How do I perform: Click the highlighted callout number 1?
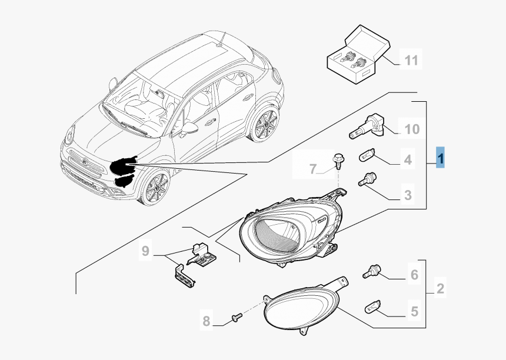(x=441, y=158)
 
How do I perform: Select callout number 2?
(x=440, y=289)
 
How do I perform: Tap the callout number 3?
(x=407, y=194)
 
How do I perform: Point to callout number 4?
(x=407, y=159)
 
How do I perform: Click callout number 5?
(x=414, y=311)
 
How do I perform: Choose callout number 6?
(x=414, y=274)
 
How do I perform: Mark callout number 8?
(x=206, y=321)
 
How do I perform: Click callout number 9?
(x=145, y=252)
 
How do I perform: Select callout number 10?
(x=411, y=128)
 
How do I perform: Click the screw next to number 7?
(x=339, y=160)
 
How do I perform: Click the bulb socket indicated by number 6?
(x=372, y=271)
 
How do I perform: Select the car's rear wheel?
(x=264, y=124)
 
